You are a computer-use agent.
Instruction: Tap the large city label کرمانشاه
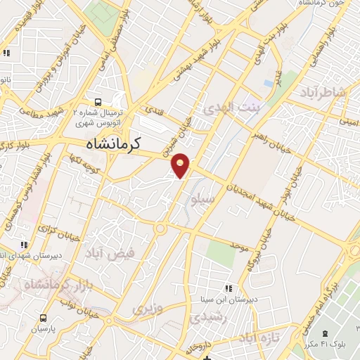click(x=111, y=143)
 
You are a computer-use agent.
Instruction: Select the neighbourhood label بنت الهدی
click(x=231, y=108)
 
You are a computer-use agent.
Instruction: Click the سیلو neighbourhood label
click(x=203, y=200)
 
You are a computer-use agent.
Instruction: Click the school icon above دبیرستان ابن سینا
click(x=227, y=288)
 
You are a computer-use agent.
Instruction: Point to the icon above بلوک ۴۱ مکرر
click(x=323, y=333)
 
